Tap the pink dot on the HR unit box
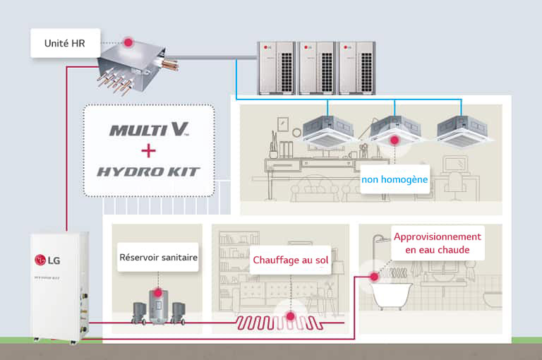click(128, 42)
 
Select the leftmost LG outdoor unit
click(276, 67)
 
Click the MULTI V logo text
click(148, 130)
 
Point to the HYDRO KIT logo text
click(148, 172)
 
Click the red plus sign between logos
click(148, 150)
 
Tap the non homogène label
click(394, 180)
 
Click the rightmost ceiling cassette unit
click(463, 131)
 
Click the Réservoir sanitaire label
click(157, 258)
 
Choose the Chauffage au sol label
click(291, 260)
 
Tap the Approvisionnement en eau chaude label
click(437, 244)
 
